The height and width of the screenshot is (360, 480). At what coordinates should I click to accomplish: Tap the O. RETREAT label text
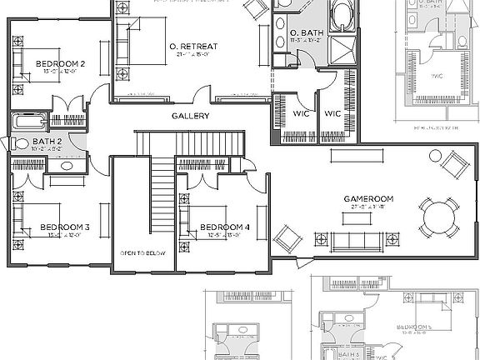tap(192, 47)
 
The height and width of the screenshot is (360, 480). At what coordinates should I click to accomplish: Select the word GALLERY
tap(190, 116)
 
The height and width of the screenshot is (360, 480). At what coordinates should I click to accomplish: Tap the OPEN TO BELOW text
tap(143, 253)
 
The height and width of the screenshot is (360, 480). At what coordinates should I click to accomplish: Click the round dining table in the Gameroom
tap(439, 222)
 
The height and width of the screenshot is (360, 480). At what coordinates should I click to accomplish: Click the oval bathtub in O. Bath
tap(342, 17)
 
